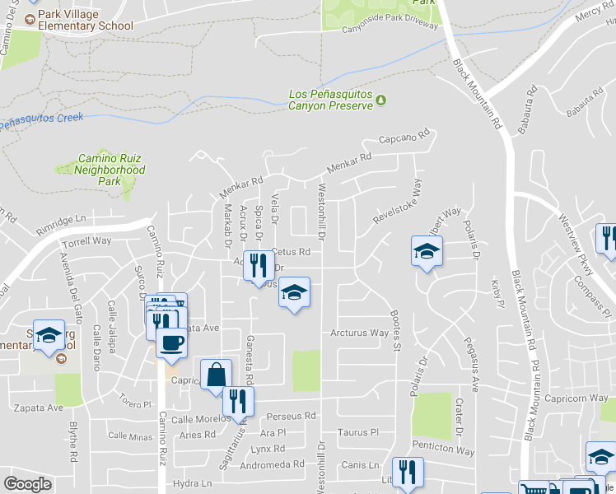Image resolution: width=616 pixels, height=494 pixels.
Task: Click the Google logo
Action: [27, 483]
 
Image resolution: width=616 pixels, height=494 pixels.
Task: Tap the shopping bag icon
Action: [215, 375]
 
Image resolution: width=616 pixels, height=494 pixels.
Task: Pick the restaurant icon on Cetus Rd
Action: [259, 265]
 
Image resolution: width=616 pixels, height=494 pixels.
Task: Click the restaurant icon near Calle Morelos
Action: [238, 403]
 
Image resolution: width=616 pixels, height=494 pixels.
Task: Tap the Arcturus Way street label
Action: [359, 333]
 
